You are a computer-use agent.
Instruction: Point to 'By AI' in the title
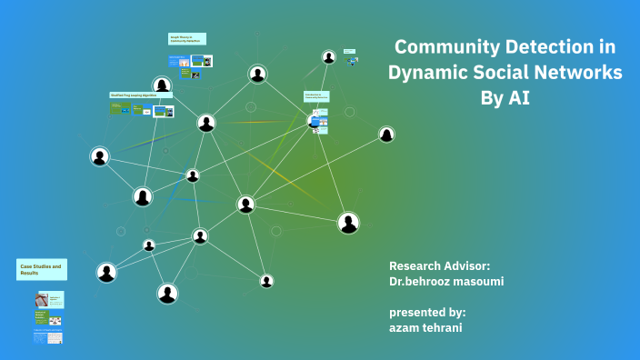(x=505, y=98)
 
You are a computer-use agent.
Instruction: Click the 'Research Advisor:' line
(x=439, y=265)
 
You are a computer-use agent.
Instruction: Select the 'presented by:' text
(x=427, y=312)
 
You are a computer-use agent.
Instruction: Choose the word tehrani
(x=444, y=327)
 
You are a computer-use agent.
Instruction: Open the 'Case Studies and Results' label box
(x=41, y=269)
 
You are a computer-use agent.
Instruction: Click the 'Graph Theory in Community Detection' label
(x=186, y=38)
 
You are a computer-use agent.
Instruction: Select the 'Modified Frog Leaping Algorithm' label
(x=139, y=95)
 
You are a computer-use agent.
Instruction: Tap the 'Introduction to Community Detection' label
(x=316, y=95)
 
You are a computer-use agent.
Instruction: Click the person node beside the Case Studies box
(x=106, y=272)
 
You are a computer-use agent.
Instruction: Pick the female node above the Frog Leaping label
(x=162, y=85)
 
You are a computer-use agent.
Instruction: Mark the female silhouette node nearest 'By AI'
(x=386, y=135)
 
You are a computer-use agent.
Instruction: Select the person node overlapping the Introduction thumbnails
(x=315, y=120)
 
